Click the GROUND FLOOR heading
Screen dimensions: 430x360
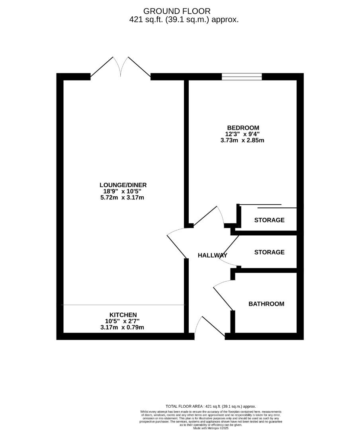pyautogui.click(x=177, y=11)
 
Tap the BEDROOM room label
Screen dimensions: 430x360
pyautogui.click(x=243, y=127)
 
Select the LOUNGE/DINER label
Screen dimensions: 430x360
pyautogui.click(x=123, y=185)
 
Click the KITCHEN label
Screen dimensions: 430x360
pyautogui.click(x=123, y=315)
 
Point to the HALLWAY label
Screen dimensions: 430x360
pyautogui.click(x=212, y=255)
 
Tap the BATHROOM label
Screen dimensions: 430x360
pyautogui.click(x=266, y=304)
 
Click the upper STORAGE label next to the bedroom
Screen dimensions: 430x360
pyautogui.click(x=269, y=220)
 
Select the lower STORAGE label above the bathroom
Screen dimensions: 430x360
pyautogui.click(x=269, y=252)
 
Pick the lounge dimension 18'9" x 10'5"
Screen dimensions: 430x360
pyautogui.click(x=123, y=191)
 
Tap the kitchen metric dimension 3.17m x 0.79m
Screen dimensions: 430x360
pyautogui.click(x=123, y=328)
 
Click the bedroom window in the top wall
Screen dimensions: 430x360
pyautogui.click(x=242, y=77)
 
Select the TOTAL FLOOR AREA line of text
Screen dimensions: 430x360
pyautogui.click(x=211, y=406)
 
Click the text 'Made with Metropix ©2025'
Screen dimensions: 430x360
pyautogui.click(x=211, y=428)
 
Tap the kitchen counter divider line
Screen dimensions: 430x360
pyautogui.click(x=123, y=305)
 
